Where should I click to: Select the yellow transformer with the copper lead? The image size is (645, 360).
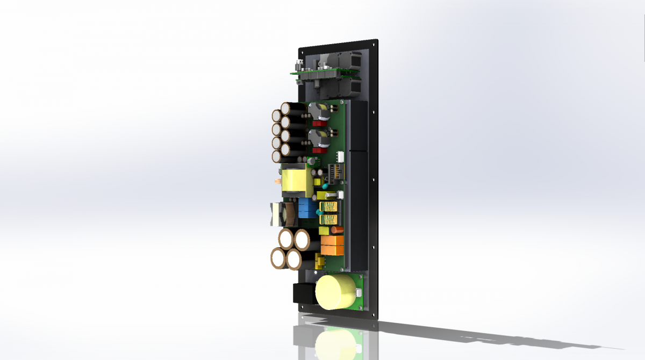point(295,180)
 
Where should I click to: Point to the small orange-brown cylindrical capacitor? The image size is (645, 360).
point(337,229)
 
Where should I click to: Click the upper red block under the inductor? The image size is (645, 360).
point(319,123)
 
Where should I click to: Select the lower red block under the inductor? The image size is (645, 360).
point(319,151)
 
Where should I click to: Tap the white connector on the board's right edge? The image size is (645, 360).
point(340,156)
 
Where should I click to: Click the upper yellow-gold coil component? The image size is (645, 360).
point(329,207)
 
